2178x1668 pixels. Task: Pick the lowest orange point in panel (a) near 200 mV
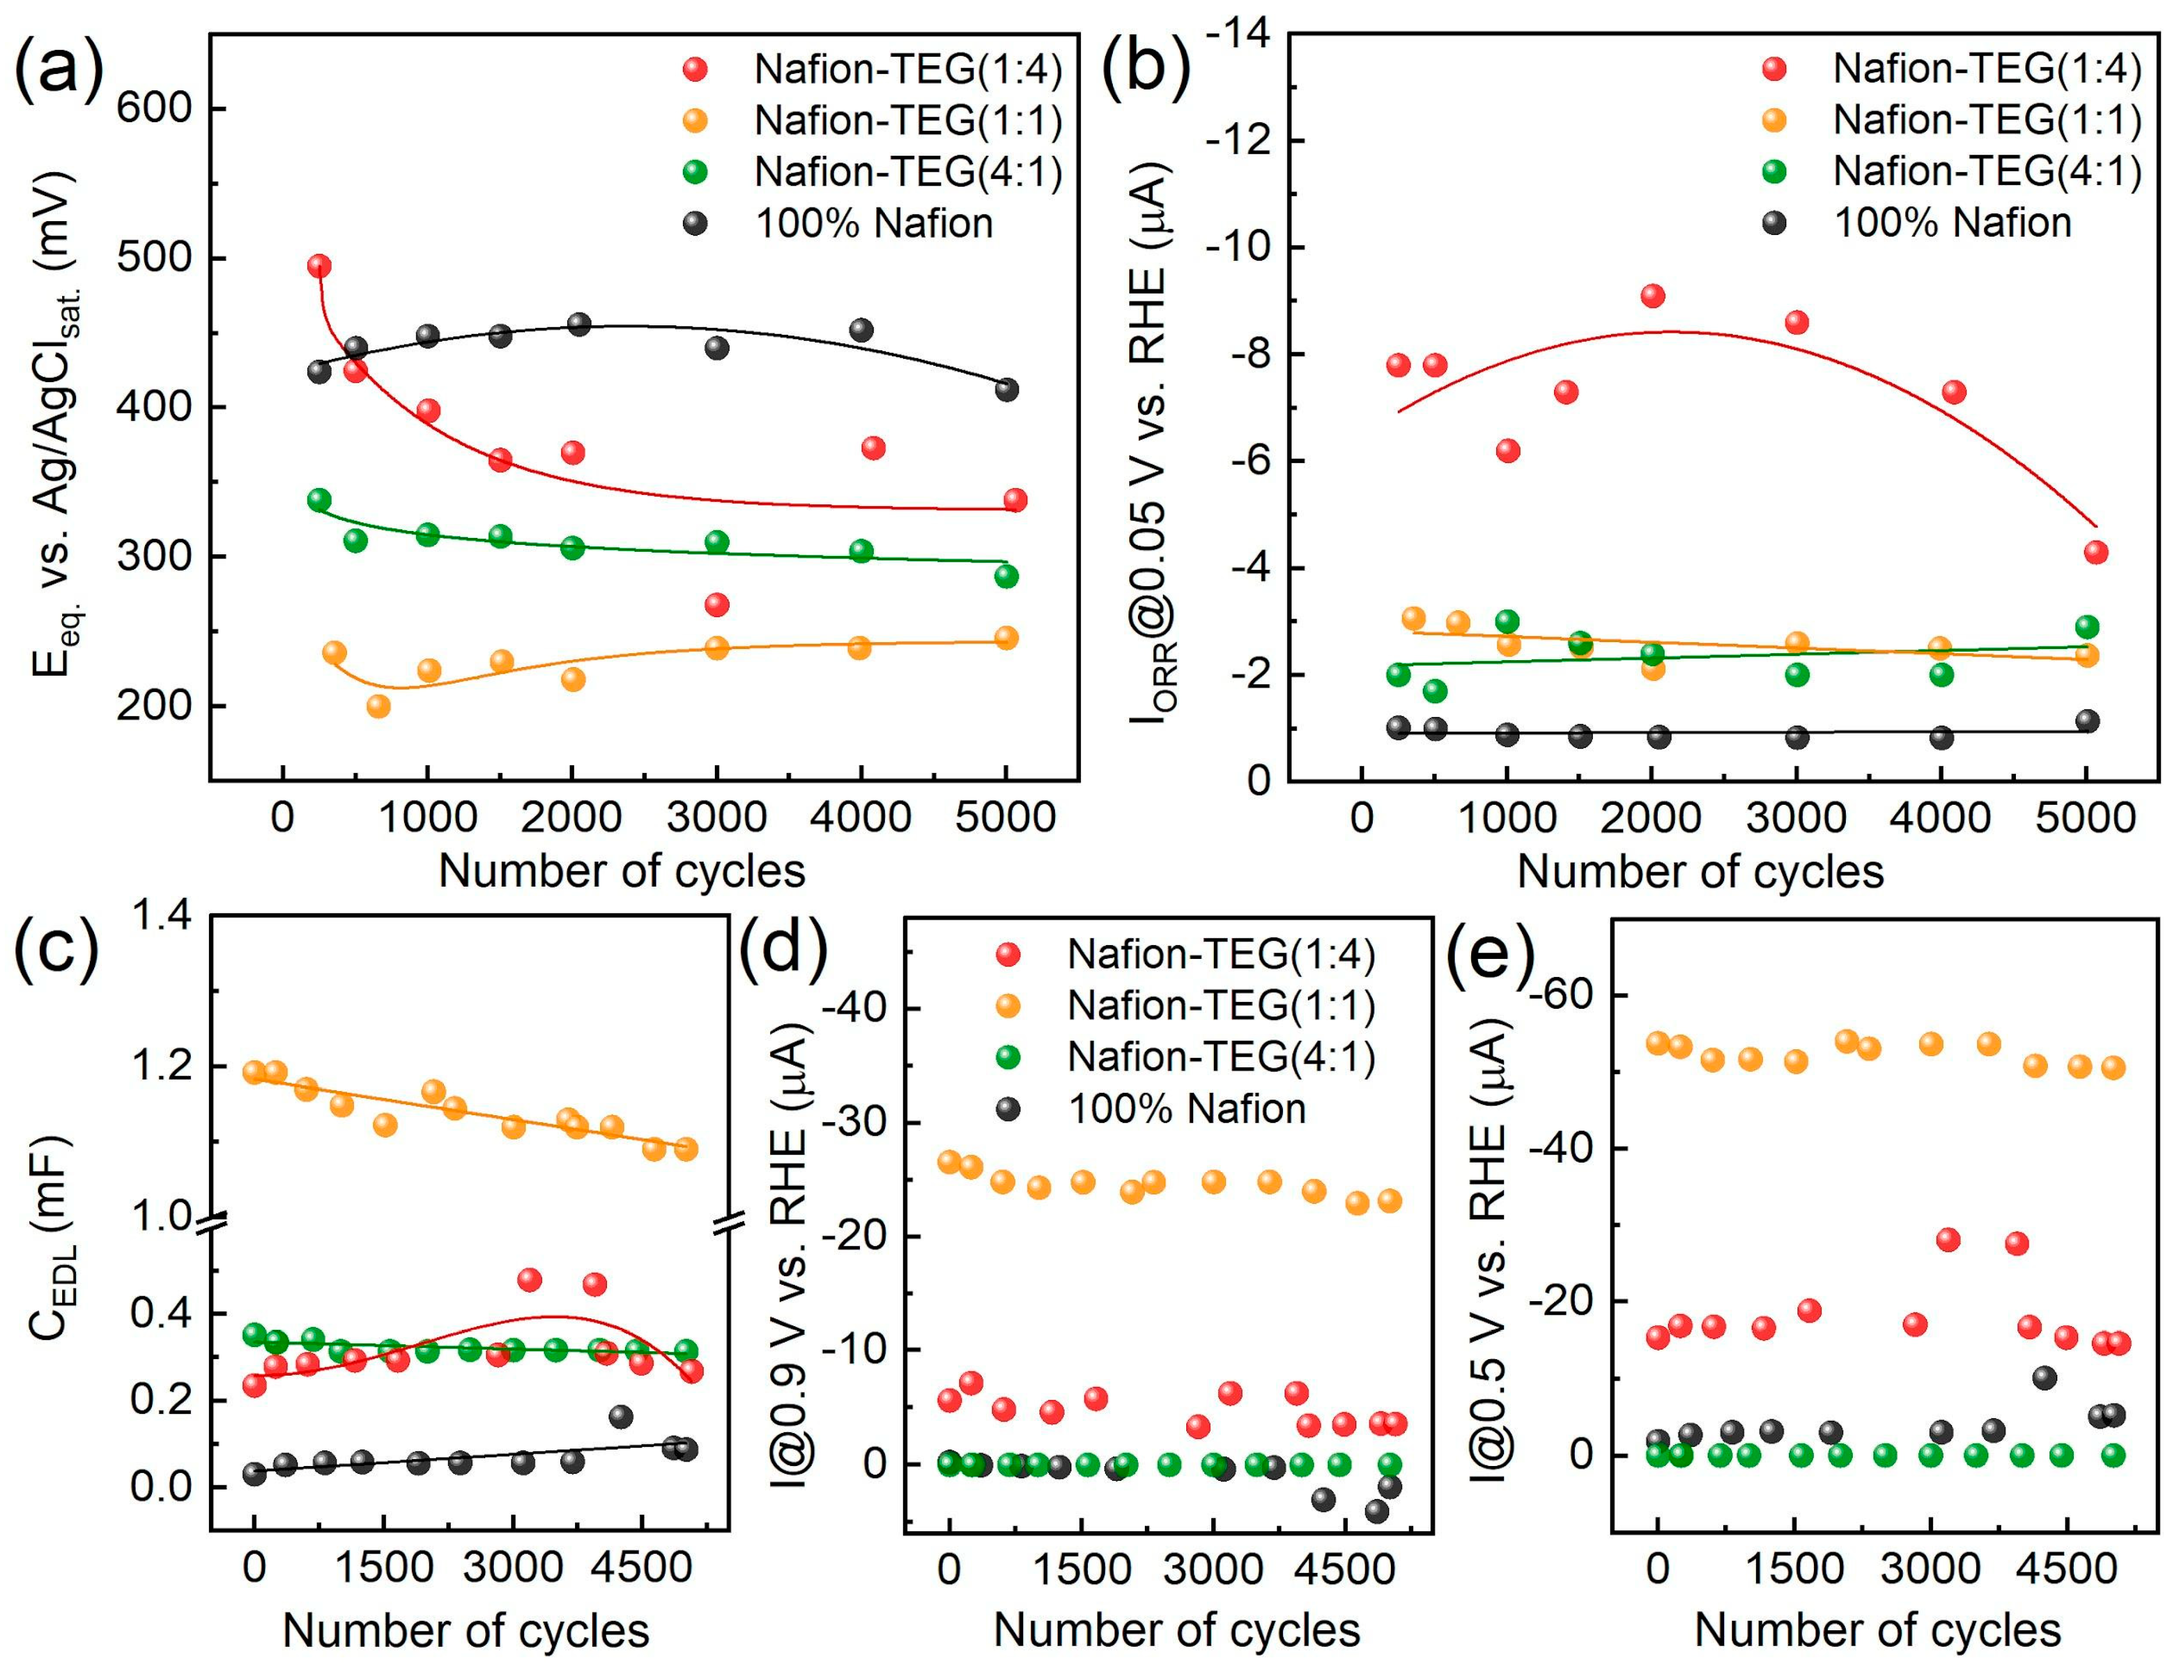coord(378,706)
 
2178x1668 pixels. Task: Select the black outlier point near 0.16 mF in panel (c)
coord(620,1417)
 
